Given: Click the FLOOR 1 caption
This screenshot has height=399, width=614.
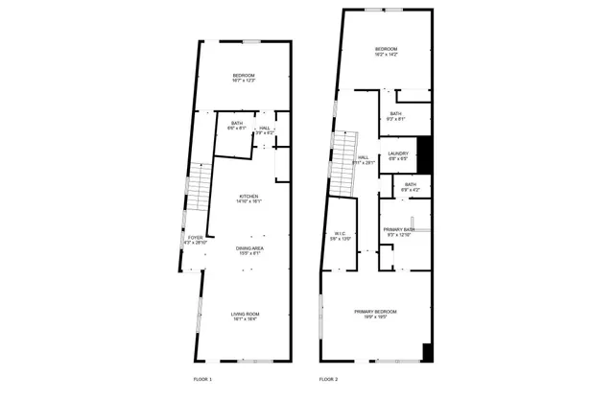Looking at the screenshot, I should pos(202,380).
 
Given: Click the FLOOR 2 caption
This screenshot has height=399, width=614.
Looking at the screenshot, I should pos(328,380).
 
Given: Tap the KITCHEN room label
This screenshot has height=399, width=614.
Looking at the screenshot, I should pos(249,197).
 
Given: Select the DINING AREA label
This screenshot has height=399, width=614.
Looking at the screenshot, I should pos(250,248).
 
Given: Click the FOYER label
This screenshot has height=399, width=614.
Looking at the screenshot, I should pos(195,237).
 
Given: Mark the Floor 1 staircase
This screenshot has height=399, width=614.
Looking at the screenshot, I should pos(197,187).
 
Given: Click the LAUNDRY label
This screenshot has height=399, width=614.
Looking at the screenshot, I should pos(399,153).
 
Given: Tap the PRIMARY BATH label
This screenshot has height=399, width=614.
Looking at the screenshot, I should pos(399,229).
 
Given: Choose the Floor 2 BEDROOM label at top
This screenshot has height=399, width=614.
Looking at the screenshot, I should pos(387,49).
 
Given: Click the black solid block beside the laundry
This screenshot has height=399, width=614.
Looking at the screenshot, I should pos(427,155).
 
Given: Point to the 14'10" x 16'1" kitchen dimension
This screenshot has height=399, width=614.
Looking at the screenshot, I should pos(249,201).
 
